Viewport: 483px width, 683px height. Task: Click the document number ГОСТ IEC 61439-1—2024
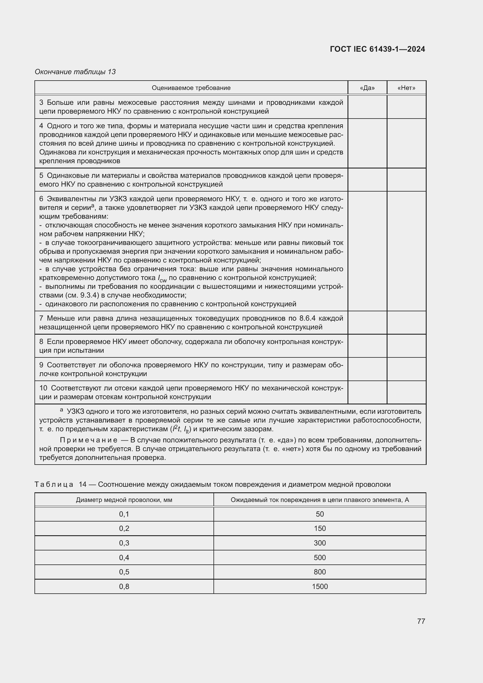pyautogui.click(x=377, y=49)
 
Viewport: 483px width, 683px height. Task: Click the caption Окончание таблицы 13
pyautogui.click(x=75, y=72)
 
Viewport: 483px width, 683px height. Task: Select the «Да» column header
pyautogui.click(x=367, y=88)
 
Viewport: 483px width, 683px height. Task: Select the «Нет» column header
pyautogui.click(x=406, y=88)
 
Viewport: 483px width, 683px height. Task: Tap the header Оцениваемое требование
pyautogui.click(x=191, y=88)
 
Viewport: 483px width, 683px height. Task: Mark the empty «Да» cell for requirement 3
pyautogui.click(x=367, y=107)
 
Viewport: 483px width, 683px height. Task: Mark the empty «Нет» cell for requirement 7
pyautogui.click(x=406, y=322)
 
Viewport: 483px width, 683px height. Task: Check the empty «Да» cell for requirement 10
pyautogui.click(x=367, y=392)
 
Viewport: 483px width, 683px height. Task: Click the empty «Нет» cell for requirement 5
pyautogui.click(x=406, y=180)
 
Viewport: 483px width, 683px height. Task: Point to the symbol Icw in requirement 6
pyautogui.click(x=162, y=279)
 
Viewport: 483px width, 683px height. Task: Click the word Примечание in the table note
pyautogui.click(x=88, y=440)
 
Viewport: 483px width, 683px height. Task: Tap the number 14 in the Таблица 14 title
pyautogui.click(x=82, y=484)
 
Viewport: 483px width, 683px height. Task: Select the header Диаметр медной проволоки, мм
pyautogui.click(x=124, y=500)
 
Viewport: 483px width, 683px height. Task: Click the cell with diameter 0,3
pyautogui.click(x=124, y=543)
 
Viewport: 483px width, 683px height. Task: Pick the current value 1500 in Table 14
pyautogui.click(x=320, y=586)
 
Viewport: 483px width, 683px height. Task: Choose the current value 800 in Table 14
pyautogui.click(x=320, y=572)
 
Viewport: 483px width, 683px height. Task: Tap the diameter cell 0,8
pyautogui.click(x=124, y=586)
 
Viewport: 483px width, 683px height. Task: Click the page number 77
pyautogui.click(x=421, y=621)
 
